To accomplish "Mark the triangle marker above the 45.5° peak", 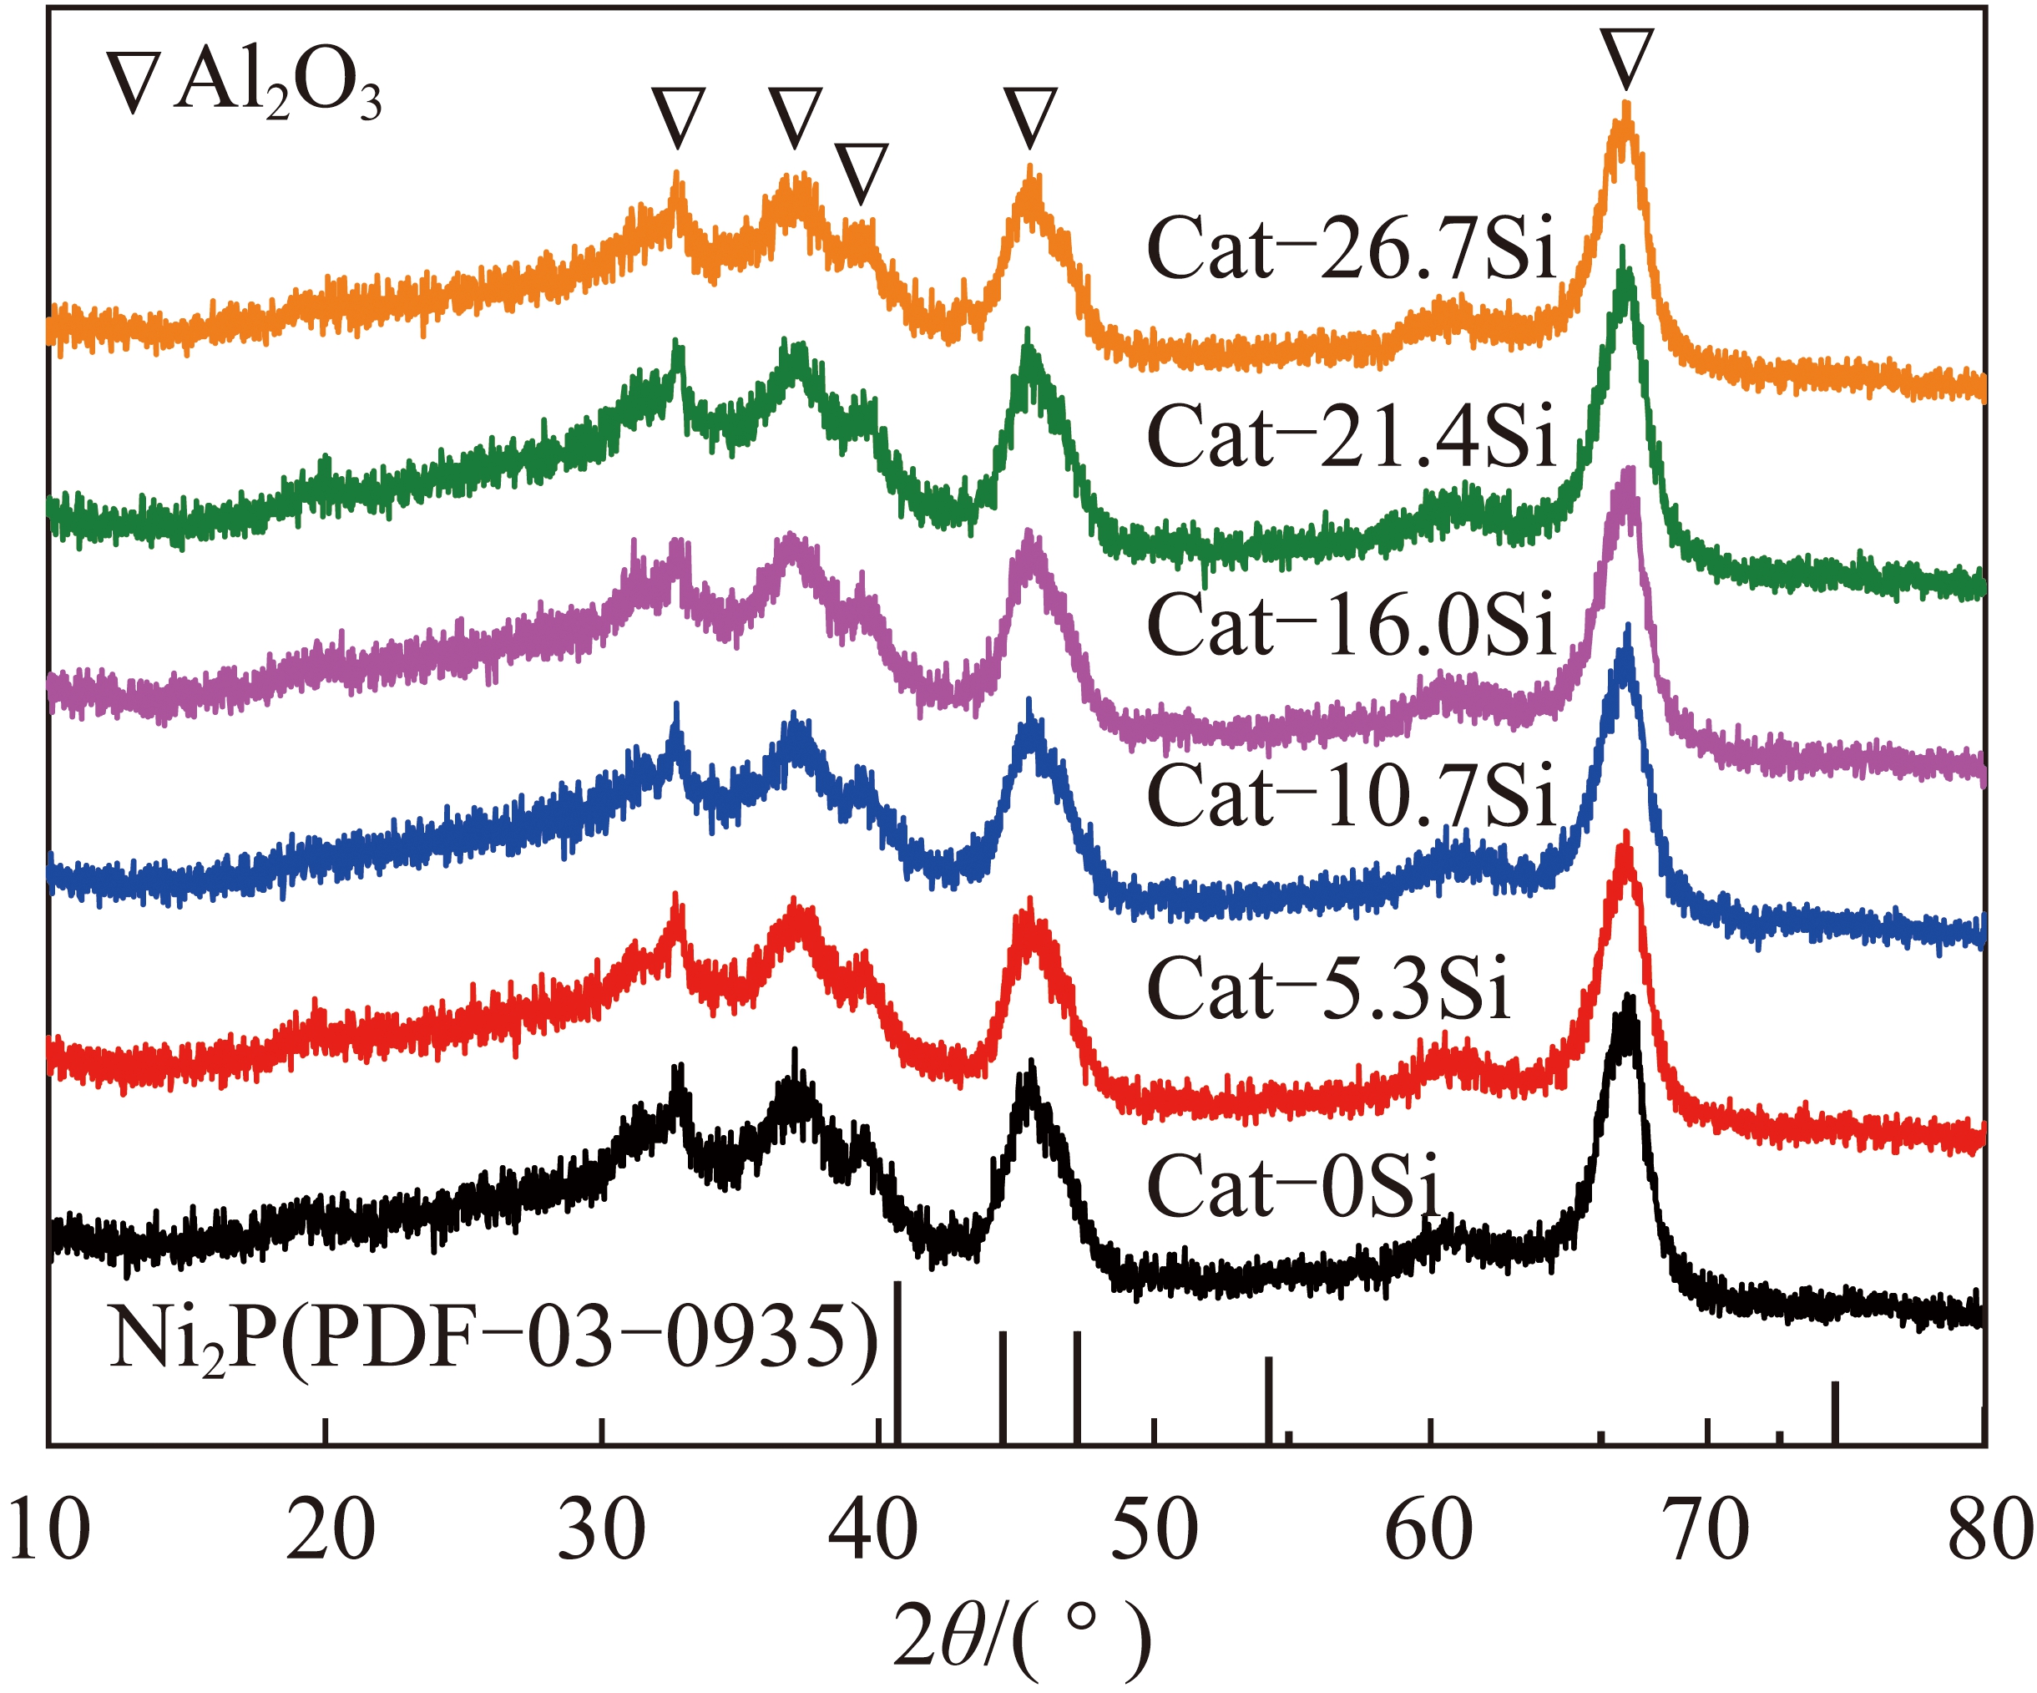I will tap(1030, 119).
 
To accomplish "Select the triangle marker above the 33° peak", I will tap(678, 119).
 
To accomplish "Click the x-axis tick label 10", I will tap(48, 1530).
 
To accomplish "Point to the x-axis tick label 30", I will tap(601, 1530).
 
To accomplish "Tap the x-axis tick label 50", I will tap(1155, 1530).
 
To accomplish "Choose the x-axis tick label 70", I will tap(1708, 1530).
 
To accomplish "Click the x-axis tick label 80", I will tap(1989, 1530).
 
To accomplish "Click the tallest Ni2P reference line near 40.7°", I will tap(898, 1363).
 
